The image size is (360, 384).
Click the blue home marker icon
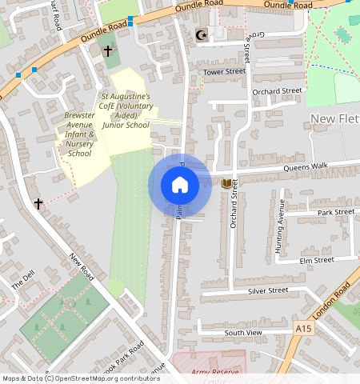click(x=180, y=186)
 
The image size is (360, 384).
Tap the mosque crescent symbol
click(x=201, y=34)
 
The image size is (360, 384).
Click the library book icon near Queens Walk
click(x=226, y=184)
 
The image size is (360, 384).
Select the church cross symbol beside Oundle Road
click(x=108, y=51)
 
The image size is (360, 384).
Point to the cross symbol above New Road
click(x=38, y=204)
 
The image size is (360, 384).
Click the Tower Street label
click(x=224, y=72)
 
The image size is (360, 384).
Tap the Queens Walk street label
click(x=308, y=166)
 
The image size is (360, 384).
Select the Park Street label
click(x=335, y=212)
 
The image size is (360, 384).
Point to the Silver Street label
click(x=267, y=290)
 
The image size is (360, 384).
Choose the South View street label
click(x=242, y=332)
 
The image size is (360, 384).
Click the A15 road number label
click(x=302, y=329)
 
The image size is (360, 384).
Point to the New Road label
click(x=82, y=266)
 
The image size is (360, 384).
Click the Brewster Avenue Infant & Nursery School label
click(x=79, y=134)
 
